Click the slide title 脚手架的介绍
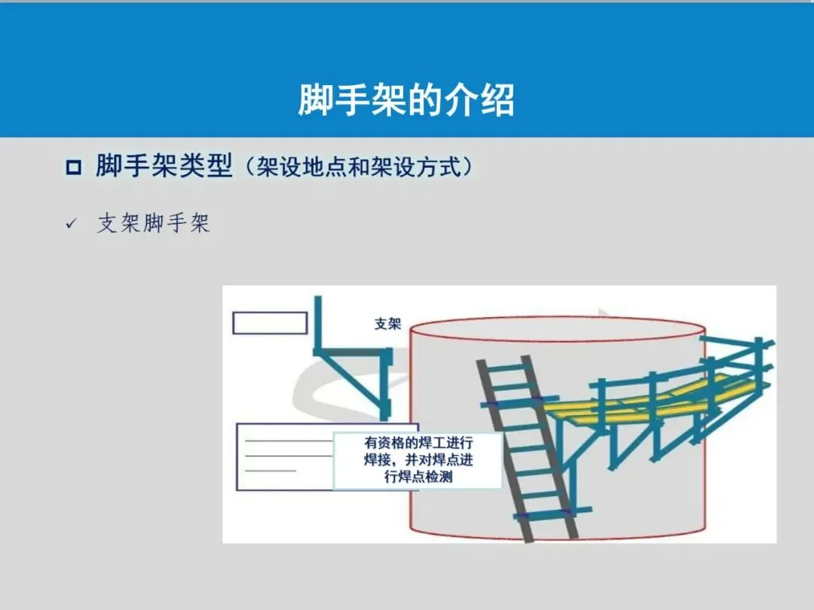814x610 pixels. coord(406,99)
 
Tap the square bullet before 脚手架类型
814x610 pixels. coord(73,167)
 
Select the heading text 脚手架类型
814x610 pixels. coord(164,166)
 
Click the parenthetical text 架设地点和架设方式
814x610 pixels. coord(360,166)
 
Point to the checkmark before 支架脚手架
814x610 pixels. coord(72,224)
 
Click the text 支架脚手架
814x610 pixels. coord(153,224)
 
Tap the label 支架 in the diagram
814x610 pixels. coord(387,324)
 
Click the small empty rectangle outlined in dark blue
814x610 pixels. coord(270,322)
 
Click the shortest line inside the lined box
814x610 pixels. coord(271,471)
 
